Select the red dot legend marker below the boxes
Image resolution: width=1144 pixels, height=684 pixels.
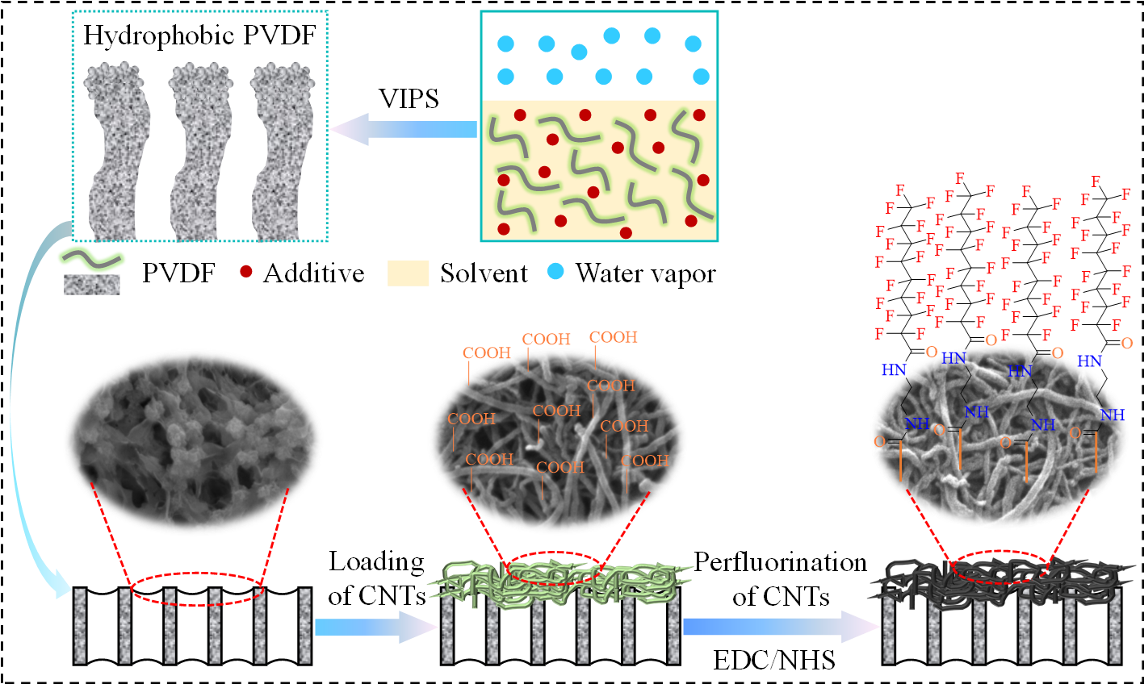[x=246, y=272]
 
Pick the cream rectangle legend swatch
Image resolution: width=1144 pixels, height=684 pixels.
[x=409, y=273]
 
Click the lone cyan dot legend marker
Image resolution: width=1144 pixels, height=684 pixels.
[x=555, y=271]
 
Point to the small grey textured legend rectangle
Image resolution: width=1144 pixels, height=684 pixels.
[x=91, y=285]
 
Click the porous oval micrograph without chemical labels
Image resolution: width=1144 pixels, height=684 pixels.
[x=194, y=442]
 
